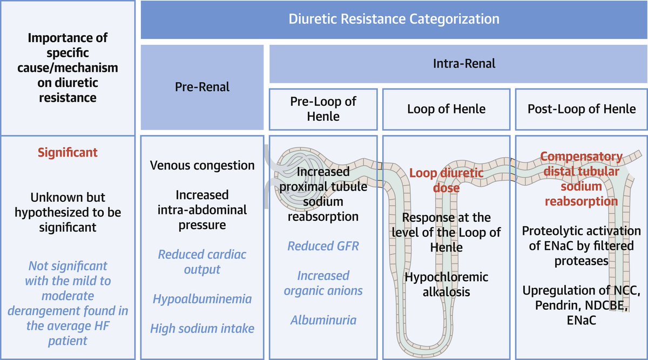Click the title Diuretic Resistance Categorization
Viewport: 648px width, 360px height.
(x=394, y=19)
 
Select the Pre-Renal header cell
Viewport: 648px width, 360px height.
(x=202, y=87)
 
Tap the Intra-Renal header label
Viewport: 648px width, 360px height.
(x=464, y=64)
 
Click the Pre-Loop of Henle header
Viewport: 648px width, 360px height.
(x=323, y=109)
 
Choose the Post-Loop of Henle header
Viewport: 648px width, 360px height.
(x=582, y=109)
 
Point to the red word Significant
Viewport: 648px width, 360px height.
(x=67, y=152)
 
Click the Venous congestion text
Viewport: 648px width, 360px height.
(x=202, y=165)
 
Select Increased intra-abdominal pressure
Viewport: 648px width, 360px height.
(x=202, y=210)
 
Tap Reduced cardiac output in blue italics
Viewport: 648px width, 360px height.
(x=202, y=262)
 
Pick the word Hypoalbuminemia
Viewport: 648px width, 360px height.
(x=202, y=299)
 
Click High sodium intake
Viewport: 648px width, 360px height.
(x=202, y=329)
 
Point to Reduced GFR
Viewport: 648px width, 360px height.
(x=323, y=246)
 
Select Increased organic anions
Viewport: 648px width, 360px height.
(x=323, y=283)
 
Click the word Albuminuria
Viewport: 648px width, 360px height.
(x=323, y=320)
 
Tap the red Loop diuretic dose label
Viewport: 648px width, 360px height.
(x=447, y=180)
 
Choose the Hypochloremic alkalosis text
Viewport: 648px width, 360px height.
(x=447, y=284)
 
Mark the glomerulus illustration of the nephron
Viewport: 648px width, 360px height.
(x=298, y=178)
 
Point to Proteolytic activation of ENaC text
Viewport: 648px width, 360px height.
(x=582, y=246)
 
